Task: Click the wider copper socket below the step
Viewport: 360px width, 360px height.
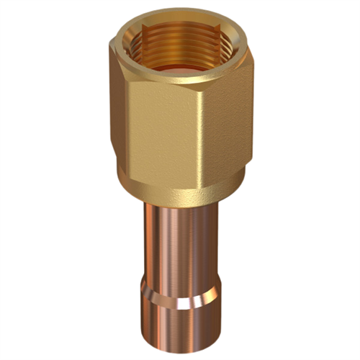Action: click(x=180, y=320)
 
